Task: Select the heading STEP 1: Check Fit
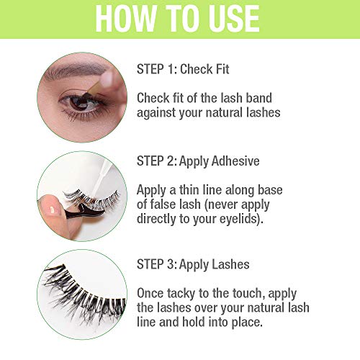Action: (x=184, y=69)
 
